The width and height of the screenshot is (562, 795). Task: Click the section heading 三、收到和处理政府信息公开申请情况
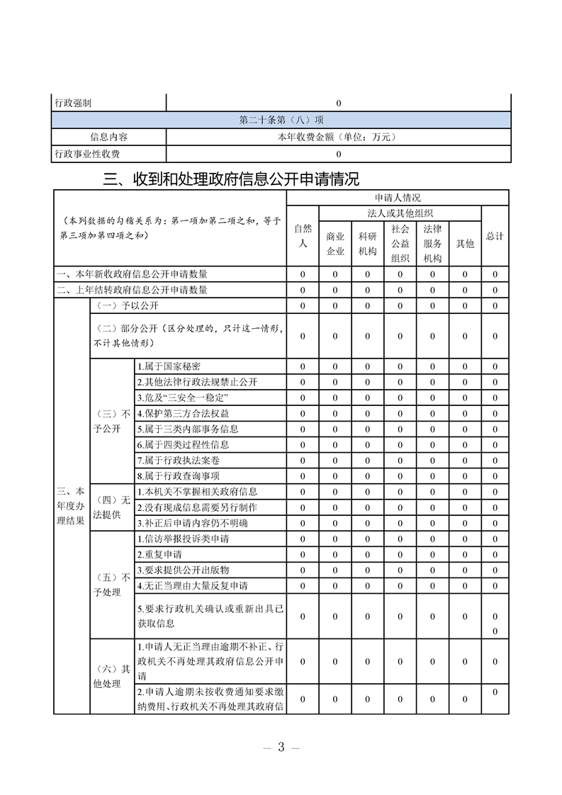pos(231,179)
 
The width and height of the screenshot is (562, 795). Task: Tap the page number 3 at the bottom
pos(281,748)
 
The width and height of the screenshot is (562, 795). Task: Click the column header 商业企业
pos(335,243)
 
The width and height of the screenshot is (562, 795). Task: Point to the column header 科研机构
pos(367,243)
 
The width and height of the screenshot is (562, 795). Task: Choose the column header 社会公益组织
pos(400,243)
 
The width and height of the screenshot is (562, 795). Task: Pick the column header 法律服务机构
pos(432,243)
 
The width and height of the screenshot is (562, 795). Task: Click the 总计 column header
pos(495,236)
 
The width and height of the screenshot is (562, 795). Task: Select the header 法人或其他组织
pos(400,213)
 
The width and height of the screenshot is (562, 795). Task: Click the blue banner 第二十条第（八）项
pos(281,120)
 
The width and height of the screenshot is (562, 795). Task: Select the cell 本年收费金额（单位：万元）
pos(338,137)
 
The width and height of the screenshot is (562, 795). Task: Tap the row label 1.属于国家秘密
pos(169,366)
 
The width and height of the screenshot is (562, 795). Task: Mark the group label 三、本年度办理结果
pos(71,506)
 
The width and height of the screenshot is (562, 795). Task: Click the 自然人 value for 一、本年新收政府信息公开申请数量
pos(303,274)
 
